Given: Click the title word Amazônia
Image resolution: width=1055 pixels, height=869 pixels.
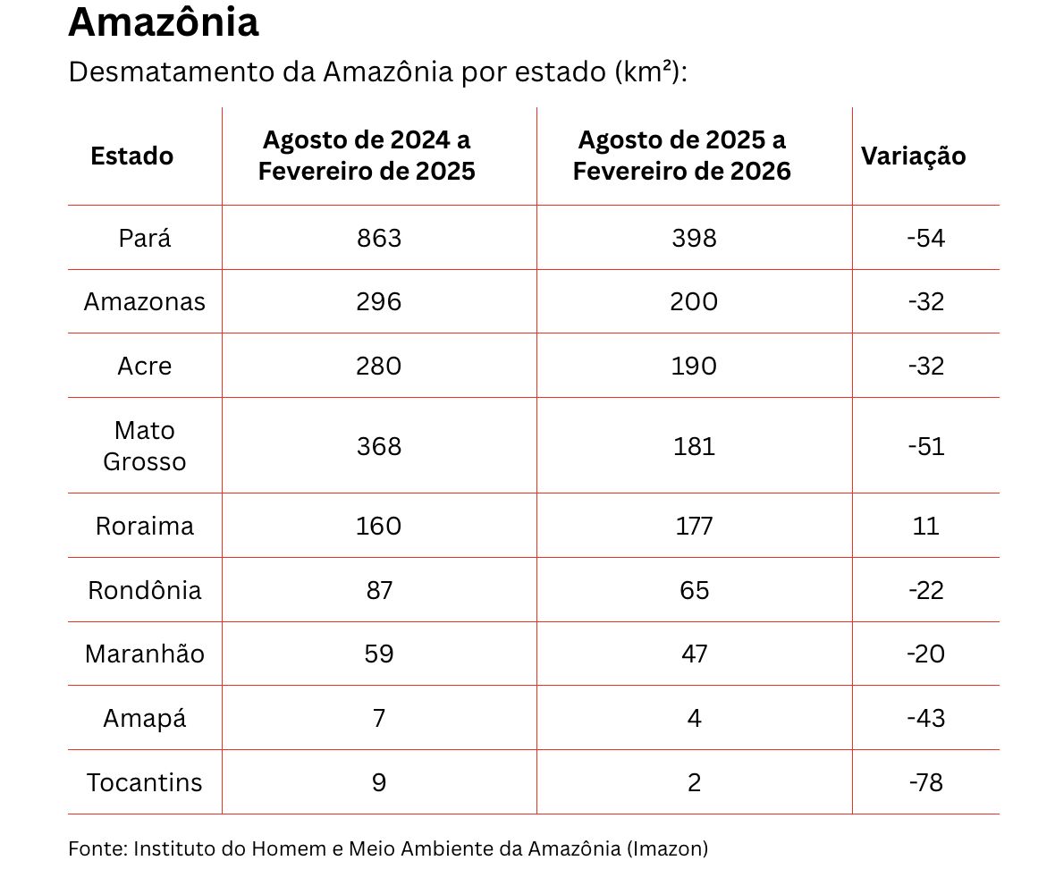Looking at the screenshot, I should click(164, 22).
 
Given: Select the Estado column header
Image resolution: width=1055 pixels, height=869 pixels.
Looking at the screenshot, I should click(131, 156).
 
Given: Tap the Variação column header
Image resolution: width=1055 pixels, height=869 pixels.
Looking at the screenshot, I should click(913, 156).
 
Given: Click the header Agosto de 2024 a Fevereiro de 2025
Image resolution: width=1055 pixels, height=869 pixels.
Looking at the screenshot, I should click(367, 156).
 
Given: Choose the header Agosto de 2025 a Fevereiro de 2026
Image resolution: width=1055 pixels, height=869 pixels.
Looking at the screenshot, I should click(681, 156).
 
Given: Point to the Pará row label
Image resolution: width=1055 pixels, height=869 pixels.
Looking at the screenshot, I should click(144, 238).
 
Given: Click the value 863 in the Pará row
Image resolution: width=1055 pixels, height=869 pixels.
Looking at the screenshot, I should click(379, 238).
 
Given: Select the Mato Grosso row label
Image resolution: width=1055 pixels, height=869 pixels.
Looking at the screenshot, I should click(144, 446).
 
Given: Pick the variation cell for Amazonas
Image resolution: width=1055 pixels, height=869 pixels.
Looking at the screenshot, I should click(925, 302).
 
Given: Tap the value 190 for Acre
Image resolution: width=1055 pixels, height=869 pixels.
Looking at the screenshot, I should click(694, 367).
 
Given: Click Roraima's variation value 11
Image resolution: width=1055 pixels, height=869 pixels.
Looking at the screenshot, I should click(925, 526).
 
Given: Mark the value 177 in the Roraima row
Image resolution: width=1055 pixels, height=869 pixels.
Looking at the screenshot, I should click(694, 526).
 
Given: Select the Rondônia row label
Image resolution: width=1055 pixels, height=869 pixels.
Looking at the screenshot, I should click(144, 590).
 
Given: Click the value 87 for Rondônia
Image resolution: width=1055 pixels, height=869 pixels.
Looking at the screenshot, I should click(379, 590).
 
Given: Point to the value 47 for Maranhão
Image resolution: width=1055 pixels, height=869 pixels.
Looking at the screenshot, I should click(694, 654).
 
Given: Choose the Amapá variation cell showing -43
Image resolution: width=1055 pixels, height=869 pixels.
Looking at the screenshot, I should click(925, 718).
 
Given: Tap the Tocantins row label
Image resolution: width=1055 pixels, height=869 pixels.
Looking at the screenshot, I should click(144, 782).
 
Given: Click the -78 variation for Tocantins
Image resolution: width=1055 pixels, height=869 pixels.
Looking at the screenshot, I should click(925, 782).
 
